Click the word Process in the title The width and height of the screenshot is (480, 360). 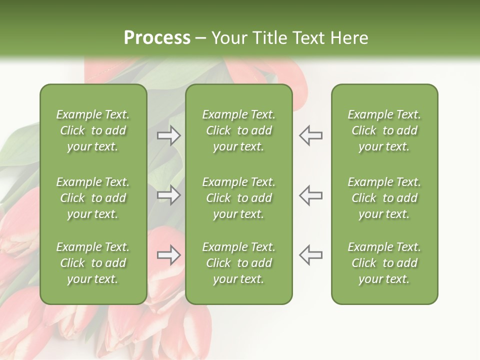[x=157, y=38]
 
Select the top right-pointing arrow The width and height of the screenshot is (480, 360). [x=169, y=135]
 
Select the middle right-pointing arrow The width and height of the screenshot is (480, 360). [x=169, y=195]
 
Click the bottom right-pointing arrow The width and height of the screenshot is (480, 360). [x=169, y=255]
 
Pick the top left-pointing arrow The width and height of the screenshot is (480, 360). [x=310, y=135]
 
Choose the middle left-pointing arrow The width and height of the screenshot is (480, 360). [x=310, y=195]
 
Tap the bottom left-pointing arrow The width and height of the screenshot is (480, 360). [x=310, y=255]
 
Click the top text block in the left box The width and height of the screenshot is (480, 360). [x=93, y=130]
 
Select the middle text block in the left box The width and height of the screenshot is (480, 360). [x=93, y=198]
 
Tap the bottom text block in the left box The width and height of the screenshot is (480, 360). [x=93, y=263]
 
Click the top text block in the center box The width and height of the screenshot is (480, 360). [x=238, y=130]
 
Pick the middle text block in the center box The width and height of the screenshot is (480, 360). [x=238, y=198]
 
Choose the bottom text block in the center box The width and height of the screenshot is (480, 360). [x=238, y=263]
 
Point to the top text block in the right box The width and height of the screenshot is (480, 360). [x=384, y=130]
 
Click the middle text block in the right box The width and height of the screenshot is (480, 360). [x=384, y=198]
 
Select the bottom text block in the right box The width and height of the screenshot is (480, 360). [x=384, y=263]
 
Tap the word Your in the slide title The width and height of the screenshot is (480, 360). [x=229, y=38]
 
